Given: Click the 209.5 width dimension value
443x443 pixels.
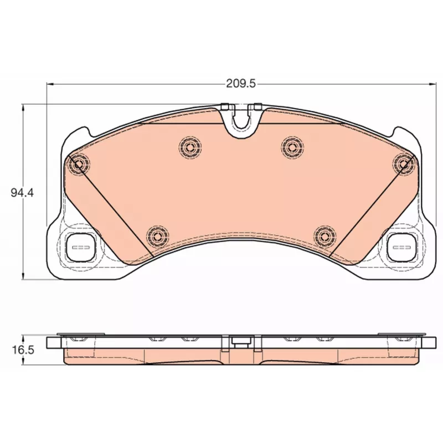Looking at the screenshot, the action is pos(241,84).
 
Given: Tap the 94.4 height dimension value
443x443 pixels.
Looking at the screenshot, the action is pos(22,193).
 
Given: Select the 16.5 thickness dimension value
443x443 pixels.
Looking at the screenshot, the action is pos(23,350).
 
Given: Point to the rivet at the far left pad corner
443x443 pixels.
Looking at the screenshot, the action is pos(79,163).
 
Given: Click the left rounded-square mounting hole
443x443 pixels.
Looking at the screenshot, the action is pos(81,247).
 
